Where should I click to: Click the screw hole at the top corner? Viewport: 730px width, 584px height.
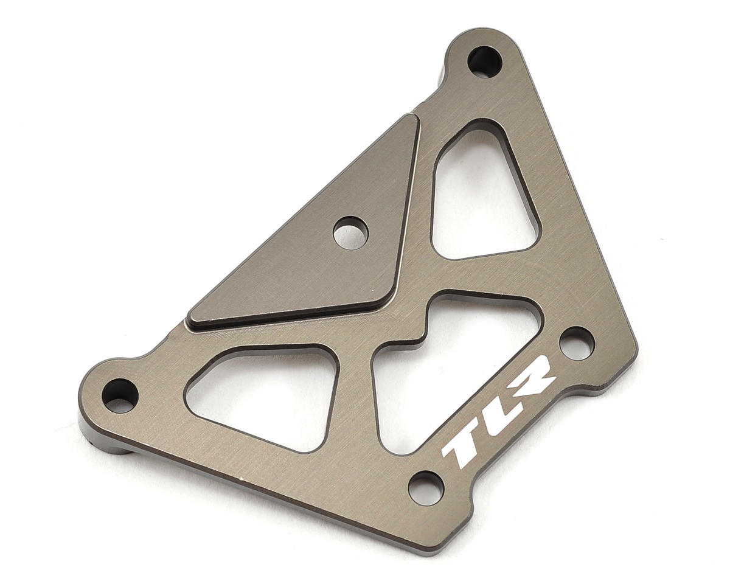484,61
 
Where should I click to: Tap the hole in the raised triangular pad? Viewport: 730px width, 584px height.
351,233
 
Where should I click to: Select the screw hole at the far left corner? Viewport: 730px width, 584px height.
120,395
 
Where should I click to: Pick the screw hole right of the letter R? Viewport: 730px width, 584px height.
576,343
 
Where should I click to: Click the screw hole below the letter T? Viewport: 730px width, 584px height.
426,487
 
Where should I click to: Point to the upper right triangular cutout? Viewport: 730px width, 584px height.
481,195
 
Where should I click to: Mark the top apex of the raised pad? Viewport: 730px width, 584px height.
412,118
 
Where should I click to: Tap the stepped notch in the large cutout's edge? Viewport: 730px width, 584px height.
420,332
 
